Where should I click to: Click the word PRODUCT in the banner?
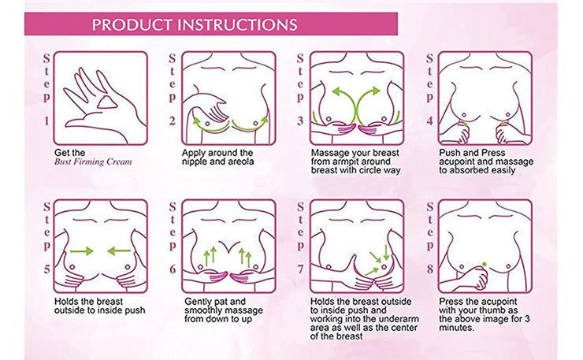coord(132,25)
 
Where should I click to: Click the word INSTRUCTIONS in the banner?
coord(238,25)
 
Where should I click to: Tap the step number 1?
coord(46,121)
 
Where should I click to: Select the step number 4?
coord(430,121)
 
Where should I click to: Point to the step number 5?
coord(46,269)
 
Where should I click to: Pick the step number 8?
coord(430,269)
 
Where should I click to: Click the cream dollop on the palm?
coord(106,102)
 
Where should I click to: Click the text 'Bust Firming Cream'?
coord(93,161)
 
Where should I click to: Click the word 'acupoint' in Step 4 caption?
coord(456,162)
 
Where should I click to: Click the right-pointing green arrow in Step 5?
coord(81,251)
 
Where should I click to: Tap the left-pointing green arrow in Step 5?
coord(119,251)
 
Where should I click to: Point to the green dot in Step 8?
coord(484,264)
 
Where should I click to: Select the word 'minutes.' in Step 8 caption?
coord(457,328)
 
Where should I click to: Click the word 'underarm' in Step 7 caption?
coord(401,319)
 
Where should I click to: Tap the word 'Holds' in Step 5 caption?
coord(65,301)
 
